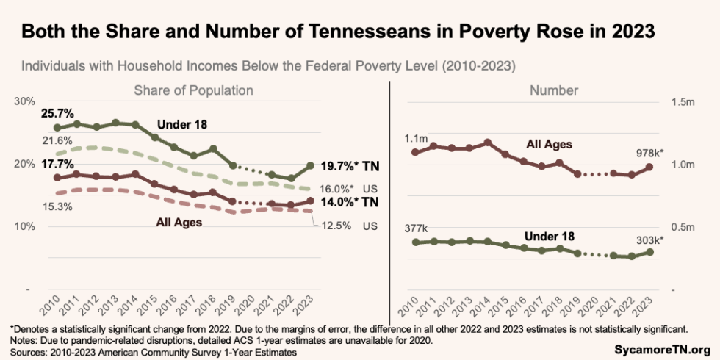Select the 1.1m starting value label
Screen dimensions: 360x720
click(x=416, y=138)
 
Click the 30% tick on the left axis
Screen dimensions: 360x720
click(x=24, y=101)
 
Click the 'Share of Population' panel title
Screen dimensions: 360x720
click(x=193, y=90)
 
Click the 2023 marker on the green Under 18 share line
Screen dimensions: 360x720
click(x=310, y=166)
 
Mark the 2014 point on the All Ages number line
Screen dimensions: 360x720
click(x=487, y=143)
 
